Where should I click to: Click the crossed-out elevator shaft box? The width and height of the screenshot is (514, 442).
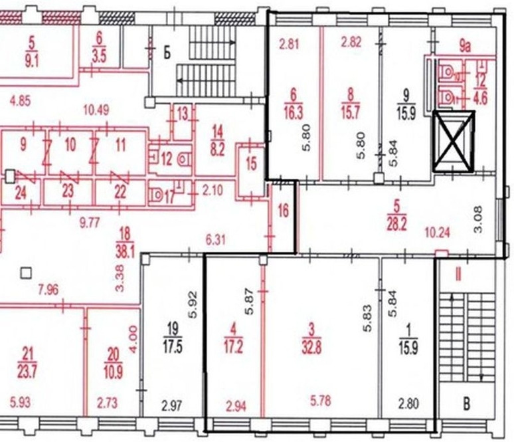(x=454, y=142)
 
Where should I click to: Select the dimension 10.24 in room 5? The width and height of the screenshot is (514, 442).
(x=438, y=233)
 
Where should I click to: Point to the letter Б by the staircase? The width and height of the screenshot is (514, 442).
(x=167, y=53)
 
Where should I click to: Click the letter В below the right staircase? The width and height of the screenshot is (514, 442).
(x=466, y=403)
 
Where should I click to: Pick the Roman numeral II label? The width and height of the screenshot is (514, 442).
(x=458, y=275)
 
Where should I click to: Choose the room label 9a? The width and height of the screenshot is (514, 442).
(x=464, y=47)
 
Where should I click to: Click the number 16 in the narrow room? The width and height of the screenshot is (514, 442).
(x=283, y=210)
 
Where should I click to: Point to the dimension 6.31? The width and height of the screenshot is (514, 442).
(x=215, y=240)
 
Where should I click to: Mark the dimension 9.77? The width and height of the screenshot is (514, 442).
(x=90, y=223)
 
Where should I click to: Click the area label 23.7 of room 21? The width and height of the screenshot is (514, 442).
(x=27, y=372)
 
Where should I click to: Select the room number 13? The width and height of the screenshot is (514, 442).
(x=183, y=114)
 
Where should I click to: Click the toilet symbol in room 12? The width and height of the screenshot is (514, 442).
(x=185, y=160)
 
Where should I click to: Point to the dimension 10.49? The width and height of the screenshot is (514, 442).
(x=96, y=110)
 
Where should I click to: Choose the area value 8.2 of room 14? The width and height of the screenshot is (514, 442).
(x=217, y=151)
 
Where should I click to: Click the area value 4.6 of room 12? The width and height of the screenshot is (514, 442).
(x=480, y=98)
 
